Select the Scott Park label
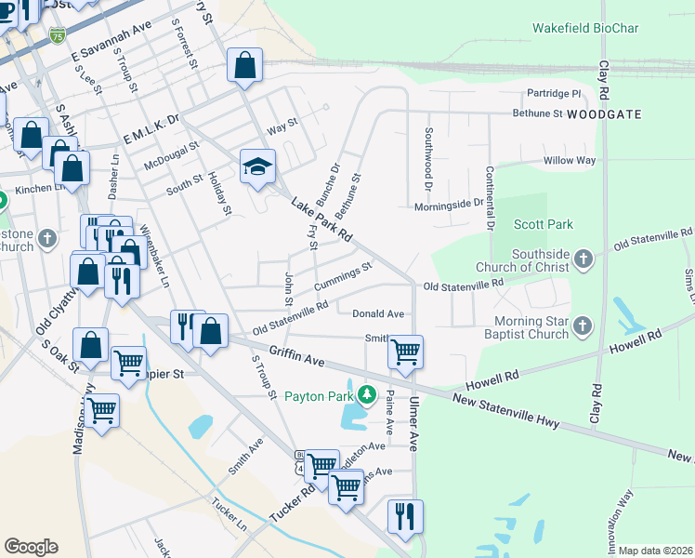coord(544,224)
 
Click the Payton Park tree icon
coord(367,396)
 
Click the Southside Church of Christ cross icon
coord(583,259)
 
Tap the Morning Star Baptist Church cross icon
coord(582,325)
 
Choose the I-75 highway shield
coord(58,35)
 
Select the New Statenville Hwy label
coord(505,411)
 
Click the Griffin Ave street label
coord(296,354)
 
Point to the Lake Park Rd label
coord(321,220)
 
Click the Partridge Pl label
coord(553,94)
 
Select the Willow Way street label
coord(569,161)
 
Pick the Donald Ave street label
coord(377,314)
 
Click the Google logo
coord(31,547)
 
